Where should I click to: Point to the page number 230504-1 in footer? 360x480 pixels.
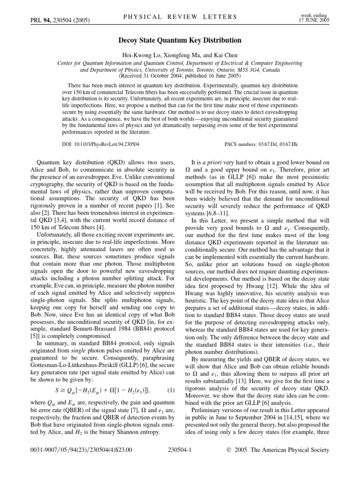pos(180,463)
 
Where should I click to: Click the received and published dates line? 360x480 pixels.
pos(180,75)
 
